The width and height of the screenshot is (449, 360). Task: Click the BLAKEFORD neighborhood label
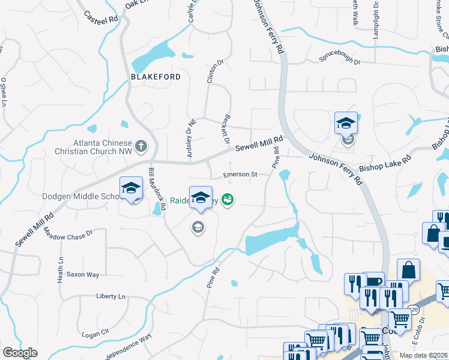tap(155, 77)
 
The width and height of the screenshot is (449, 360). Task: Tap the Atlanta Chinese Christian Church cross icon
tap(140, 145)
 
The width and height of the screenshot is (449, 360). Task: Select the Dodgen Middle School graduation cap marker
tap(131, 188)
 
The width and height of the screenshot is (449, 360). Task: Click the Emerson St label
tap(240, 175)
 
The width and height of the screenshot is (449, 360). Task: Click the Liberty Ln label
tap(111, 296)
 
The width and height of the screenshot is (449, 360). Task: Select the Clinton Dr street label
tap(214, 73)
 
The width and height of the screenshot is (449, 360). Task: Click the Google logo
tap(20, 353)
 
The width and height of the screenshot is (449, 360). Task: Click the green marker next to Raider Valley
tap(228, 199)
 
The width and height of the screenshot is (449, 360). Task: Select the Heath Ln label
tap(61, 271)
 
